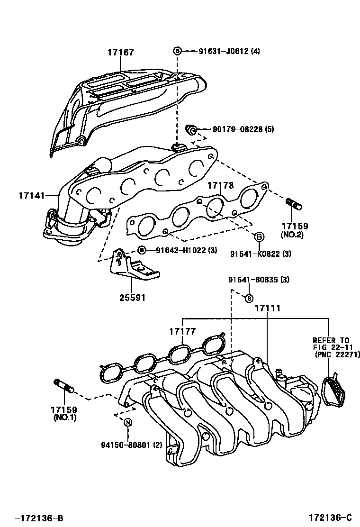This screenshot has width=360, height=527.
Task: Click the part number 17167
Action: tap(120, 53)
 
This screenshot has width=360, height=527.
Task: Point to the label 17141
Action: tap(32, 195)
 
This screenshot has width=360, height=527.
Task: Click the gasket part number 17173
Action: tap(220, 186)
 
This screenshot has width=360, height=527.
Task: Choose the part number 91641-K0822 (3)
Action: tap(261, 254)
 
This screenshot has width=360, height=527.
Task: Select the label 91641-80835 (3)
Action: tap(258, 280)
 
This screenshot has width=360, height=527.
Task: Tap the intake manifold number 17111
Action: tap(268, 308)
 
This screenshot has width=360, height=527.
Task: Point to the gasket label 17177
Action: tap(183, 331)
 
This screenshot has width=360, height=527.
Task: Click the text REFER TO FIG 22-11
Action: tap(331, 344)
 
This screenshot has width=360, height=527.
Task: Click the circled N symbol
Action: tap(128, 422)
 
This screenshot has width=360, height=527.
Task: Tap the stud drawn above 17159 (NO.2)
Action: tap(295, 204)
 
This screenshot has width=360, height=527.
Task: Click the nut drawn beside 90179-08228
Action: tap(191, 129)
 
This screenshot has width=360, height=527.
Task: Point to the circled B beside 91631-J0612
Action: tap(177, 51)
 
